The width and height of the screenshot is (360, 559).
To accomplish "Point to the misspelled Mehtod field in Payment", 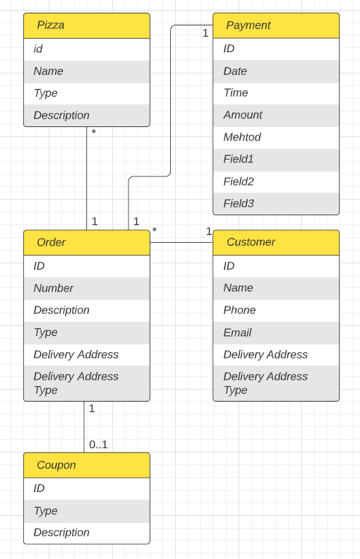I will pos(242,137).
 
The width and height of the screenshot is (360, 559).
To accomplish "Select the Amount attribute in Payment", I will pos(243,115).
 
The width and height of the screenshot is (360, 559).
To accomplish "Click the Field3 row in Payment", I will pos(239,203).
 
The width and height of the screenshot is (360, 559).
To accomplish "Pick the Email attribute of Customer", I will pos(237,332).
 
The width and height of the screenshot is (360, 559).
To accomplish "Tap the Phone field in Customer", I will pos(239,310).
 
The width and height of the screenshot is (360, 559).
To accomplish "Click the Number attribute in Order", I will pos(54,288).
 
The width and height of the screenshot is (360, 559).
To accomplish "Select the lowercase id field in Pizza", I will pos(38,49).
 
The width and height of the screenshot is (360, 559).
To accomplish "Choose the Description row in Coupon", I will pos(61,532).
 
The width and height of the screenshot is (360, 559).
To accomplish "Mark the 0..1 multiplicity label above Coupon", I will pos(98,445).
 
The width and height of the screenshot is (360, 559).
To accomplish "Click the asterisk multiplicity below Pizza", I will pos(94,132).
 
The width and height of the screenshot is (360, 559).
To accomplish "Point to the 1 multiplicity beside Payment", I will pos(205,33).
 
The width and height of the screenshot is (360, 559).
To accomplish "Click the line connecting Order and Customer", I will pos(181,242).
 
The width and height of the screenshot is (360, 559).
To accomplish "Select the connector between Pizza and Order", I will pos(87,176).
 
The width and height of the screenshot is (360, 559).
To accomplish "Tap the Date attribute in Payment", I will pos(235,71).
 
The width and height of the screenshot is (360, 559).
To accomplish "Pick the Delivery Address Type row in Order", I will pos(76,383).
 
